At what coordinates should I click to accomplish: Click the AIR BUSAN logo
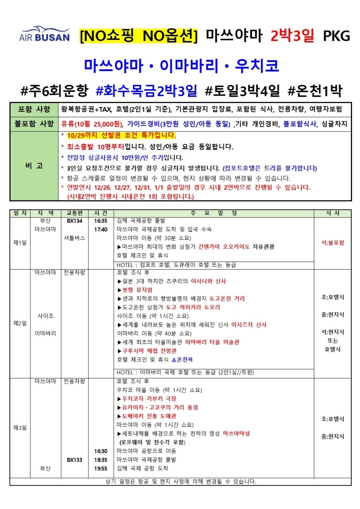[x=44, y=35]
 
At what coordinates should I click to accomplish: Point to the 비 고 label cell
[x=35, y=166]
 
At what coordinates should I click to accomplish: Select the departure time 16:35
[x=101, y=221]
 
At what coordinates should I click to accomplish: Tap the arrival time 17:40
[x=101, y=229]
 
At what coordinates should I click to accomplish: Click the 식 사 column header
[x=333, y=213]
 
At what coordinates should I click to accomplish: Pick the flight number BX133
[x=74, y=460]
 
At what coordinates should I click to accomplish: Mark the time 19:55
[x=101, y=468]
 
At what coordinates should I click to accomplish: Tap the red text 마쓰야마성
[x=236, y=433]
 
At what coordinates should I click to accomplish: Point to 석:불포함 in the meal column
[x=333, y=243]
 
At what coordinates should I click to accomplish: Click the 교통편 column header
[x=74, y=213]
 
